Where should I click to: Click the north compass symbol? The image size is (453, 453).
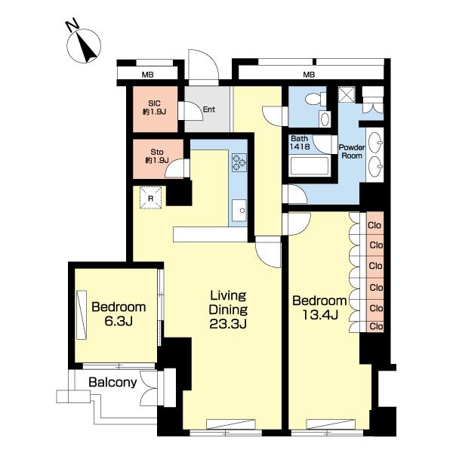pyautogui.click(x=84, y=45)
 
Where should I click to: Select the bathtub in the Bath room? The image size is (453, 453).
pyautogui.click(x=310, y=166)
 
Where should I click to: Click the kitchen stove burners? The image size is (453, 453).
pyautogui.click(x=239, y=162)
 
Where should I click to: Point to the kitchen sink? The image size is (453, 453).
pyautogui.click(x=239, y=211)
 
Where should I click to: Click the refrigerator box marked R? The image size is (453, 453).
pyautogui.click(x=150, y=198)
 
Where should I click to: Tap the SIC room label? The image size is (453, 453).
pyautogui.click(x=154, y=107)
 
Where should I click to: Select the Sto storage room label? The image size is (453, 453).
pyautogui.click(x=157, y=156)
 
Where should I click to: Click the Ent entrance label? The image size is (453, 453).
pyautogui.click(x=209, y=109)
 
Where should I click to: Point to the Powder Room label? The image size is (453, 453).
pyautogui.click(x=352, y=152)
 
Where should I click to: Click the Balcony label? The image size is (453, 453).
pyautogui.click(x=112, y=382)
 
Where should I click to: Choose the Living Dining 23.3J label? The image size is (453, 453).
pyautogui.click(x=228, y=310)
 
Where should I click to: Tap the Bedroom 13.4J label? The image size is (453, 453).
pyautogui.click(x=319, y=308)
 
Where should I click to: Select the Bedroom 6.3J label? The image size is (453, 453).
pyautogui.click(x=119, y=314)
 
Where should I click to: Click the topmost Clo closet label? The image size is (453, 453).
pyautogui.click(x=374, y=225)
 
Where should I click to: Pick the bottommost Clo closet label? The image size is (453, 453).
pyautogui.click(x=377, y=326)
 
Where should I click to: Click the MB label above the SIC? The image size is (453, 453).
pyautogui.click(x=148, y=75)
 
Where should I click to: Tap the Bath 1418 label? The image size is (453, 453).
pyautogui.click(x=300, y=143)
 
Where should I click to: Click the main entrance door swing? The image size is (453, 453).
pyautogui.click(x=203, y=67)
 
